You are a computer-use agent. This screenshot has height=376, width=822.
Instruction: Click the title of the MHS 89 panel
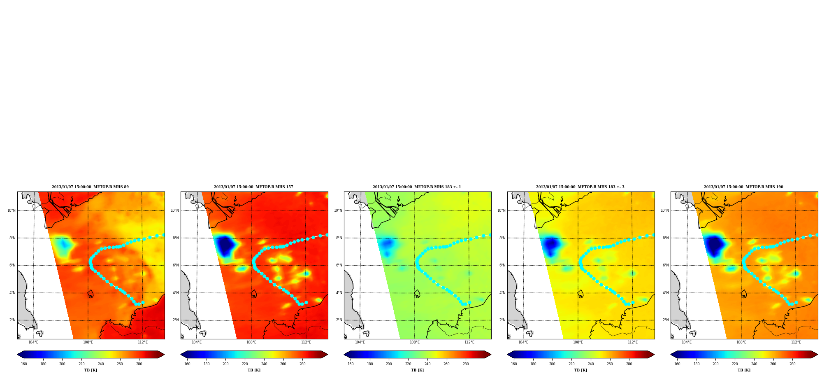click(x=90, y=187)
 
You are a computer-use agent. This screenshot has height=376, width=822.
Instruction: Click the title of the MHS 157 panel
click(x=253, y=187)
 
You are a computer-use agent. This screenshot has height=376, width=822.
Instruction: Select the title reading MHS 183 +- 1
click(x=417, y=187)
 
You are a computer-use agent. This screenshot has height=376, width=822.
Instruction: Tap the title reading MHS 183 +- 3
click(x=580, y=187)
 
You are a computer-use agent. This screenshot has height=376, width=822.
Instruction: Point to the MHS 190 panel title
click(x=743, y=187)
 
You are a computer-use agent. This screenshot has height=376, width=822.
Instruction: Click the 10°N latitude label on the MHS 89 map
click(x=12, y=210)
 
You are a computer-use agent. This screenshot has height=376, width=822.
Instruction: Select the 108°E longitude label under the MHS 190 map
click(x=741, y=342)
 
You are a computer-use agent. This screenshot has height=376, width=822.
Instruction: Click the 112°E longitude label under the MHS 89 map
click(x=143, y=342)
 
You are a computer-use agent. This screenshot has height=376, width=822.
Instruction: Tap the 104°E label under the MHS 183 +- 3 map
click(x=523, y=342)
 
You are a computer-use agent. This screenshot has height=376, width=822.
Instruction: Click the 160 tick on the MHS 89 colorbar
click(x=24, y=364)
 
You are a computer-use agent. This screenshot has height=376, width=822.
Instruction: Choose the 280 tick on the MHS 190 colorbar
click(x=792, y=364)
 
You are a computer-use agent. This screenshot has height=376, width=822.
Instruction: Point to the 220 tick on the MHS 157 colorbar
click(x=245, y=364)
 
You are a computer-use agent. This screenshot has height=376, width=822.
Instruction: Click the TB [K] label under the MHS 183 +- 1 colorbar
click(x=417, y=370)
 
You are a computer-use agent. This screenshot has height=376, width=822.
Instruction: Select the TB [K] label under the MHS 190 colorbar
click(x=744, y=370)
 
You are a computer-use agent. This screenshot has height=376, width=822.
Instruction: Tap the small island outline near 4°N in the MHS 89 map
click(x=91, y=294)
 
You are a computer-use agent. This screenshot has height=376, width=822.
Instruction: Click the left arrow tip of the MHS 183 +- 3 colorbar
click(x=508, y=355)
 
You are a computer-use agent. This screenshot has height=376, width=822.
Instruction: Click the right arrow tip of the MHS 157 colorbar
click(x=327, y=355)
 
